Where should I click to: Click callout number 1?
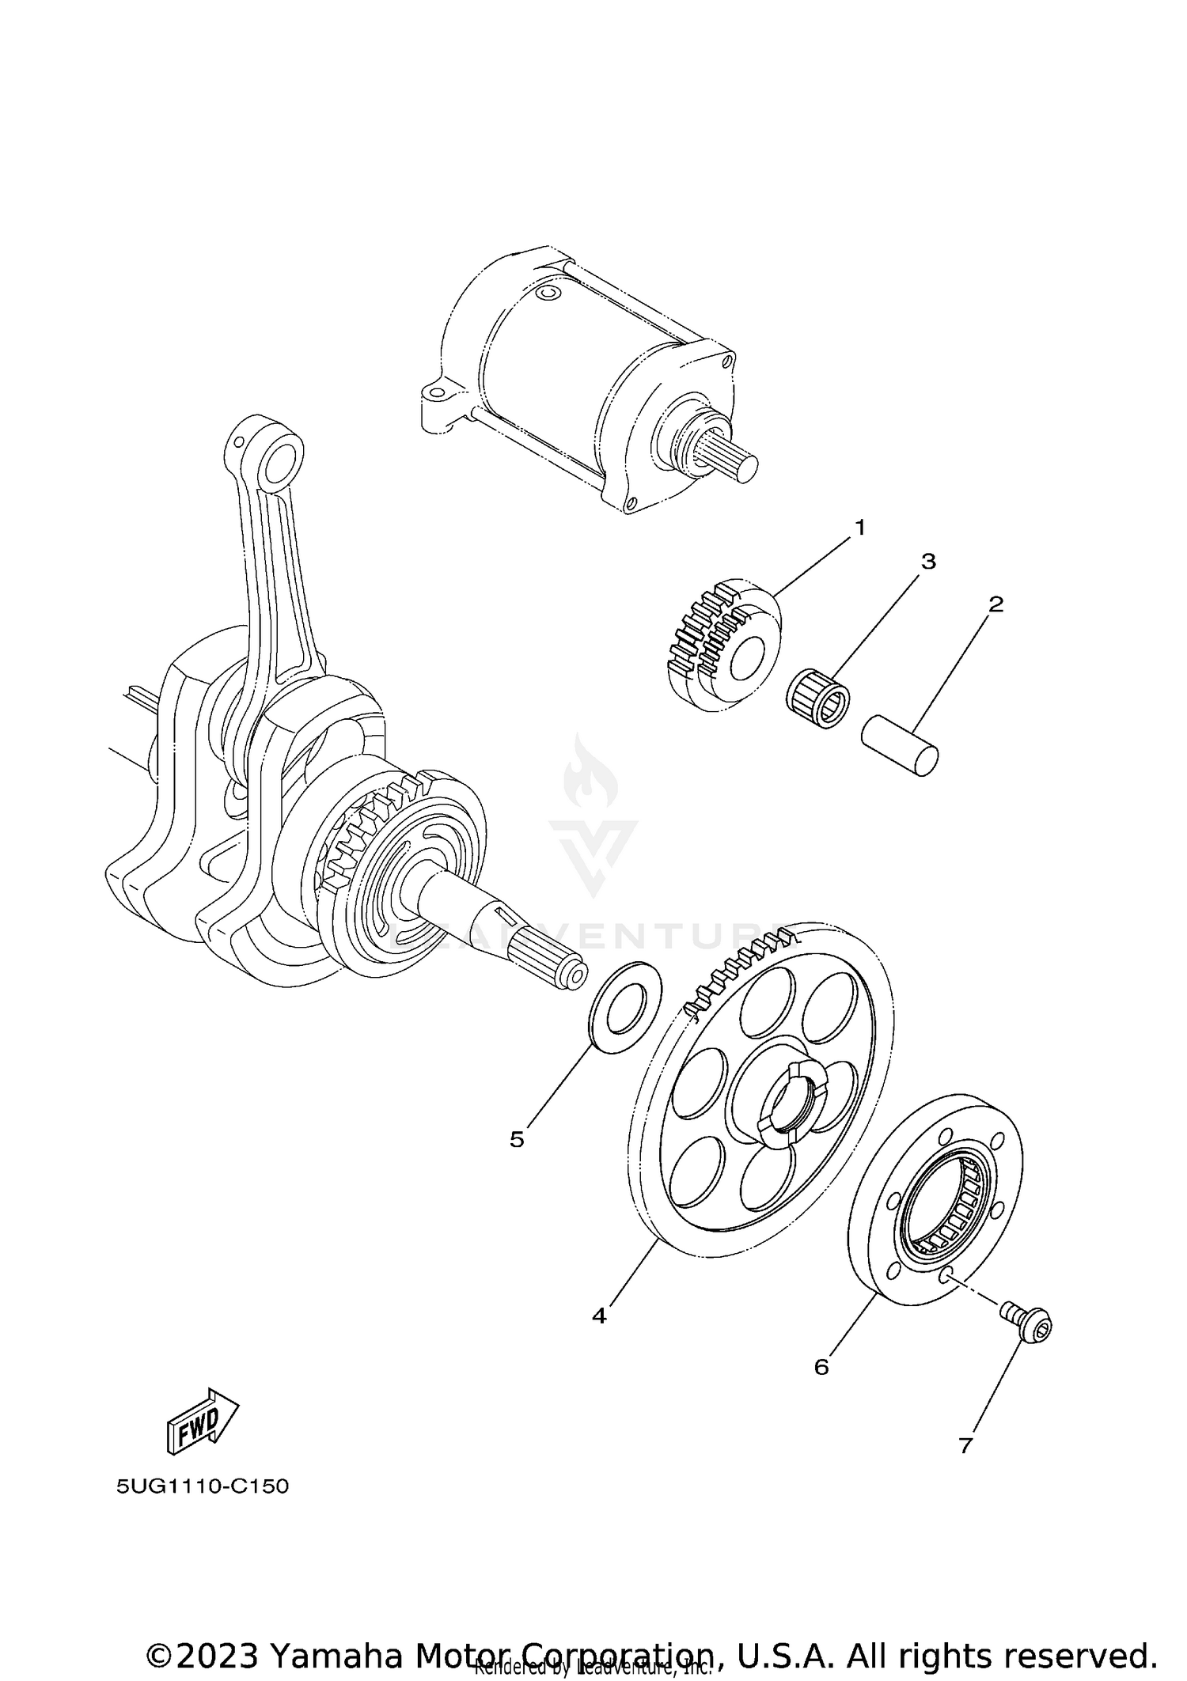[x=860, y=528]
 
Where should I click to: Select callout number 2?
[x=995, y=604]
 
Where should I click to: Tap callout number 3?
[x=928, y=562]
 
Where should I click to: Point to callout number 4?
[x=599, y=1316]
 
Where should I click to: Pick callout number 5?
[x=517, y=1140]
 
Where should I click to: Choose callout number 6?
[x=821, y=1367]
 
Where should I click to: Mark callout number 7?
[x=965, y=1446]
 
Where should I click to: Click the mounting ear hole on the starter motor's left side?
[x=434, y=393]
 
